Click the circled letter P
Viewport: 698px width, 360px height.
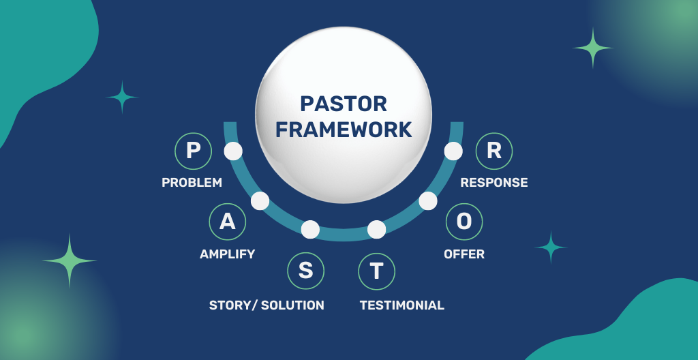[x=193, y=151]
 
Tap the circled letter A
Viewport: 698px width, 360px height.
[x=227, y=222]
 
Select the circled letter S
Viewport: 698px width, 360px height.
[x=306, y=271]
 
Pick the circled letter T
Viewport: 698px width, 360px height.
[x=376, y=271]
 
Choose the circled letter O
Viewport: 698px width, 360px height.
[x=464, y=222]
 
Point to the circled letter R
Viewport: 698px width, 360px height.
[x=494, y=151]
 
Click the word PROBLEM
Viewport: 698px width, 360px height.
[x=192, y=183]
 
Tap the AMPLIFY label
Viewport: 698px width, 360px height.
[x=227, y=254]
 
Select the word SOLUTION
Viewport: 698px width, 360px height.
[x=292, y=305]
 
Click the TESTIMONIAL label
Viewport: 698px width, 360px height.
[x=401, y=305]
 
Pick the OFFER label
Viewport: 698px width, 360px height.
[x=464, y=254]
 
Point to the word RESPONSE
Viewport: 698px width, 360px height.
[x=494, y=183]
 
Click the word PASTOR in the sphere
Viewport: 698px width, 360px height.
[x=344, y=104]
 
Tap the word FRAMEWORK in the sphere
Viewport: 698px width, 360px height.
[x=344, y=129]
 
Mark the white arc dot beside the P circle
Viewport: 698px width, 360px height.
[x=233, y=151]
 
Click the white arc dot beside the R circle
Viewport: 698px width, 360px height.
[x=453, y=151]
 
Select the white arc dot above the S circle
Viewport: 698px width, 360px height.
[x=310, y=230]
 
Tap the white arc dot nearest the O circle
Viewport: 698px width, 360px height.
[x=428, y=201]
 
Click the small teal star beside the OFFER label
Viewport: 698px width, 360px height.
[x=551, y=247]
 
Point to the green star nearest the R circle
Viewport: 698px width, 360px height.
[x=593, y=48]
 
